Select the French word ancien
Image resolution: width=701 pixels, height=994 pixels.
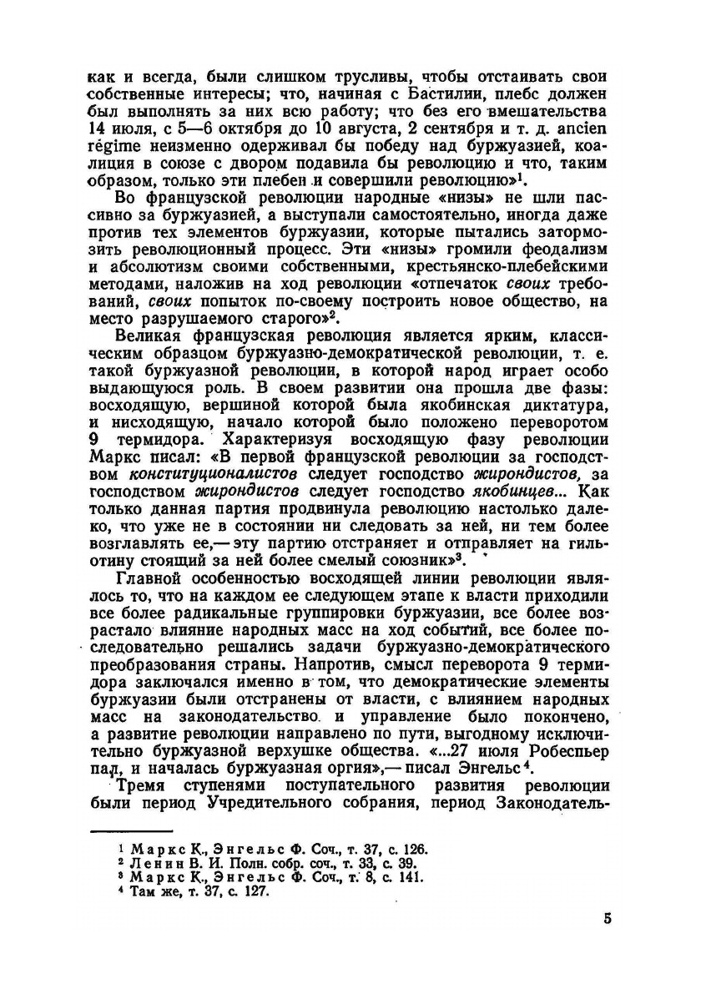[x=588, y=129]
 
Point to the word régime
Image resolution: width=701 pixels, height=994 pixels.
[x=113, y=149]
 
